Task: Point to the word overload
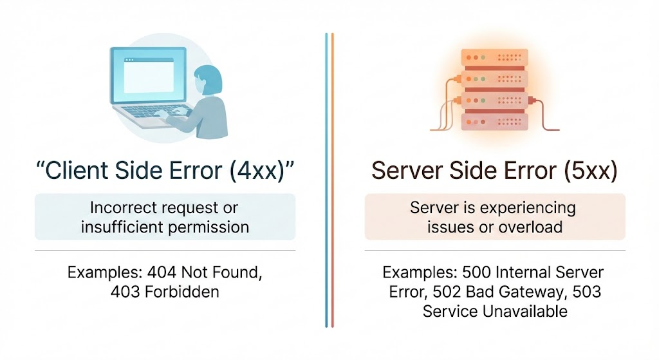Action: [532, 227]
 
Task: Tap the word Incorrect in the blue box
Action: [121, 208]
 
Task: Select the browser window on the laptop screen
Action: [149, 75]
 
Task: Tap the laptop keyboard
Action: [154, 114]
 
